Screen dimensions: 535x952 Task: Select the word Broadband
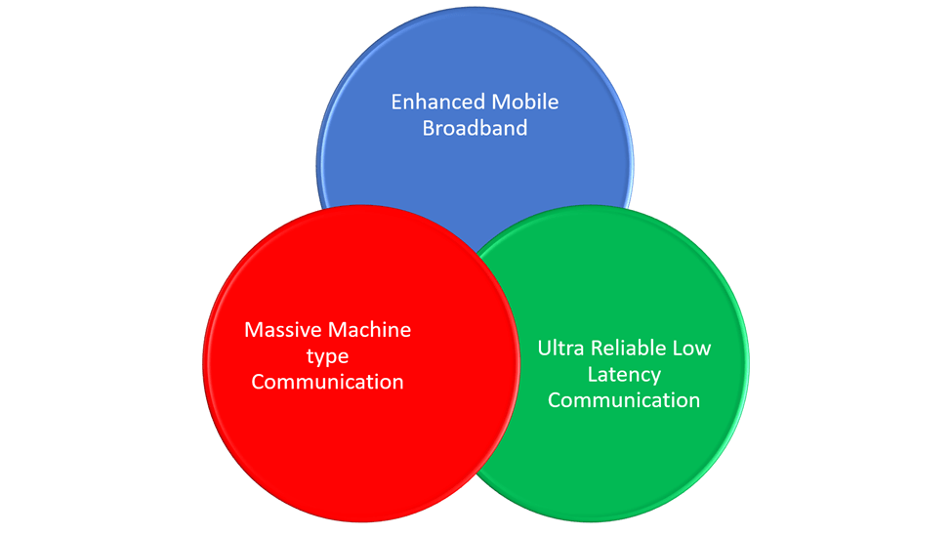[475, 128]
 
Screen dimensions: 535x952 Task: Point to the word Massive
[278, 330]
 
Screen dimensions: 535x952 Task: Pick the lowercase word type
[327, 355]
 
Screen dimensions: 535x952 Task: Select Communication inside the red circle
[327, 382]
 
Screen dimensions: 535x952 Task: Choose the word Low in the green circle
[694, 349]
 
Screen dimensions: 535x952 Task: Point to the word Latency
[624, 374]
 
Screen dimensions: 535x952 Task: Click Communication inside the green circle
[624, 400]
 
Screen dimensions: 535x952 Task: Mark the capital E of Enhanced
[397, 103]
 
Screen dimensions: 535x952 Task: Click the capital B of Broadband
[429, 128]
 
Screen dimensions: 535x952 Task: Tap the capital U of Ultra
[544, 349]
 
